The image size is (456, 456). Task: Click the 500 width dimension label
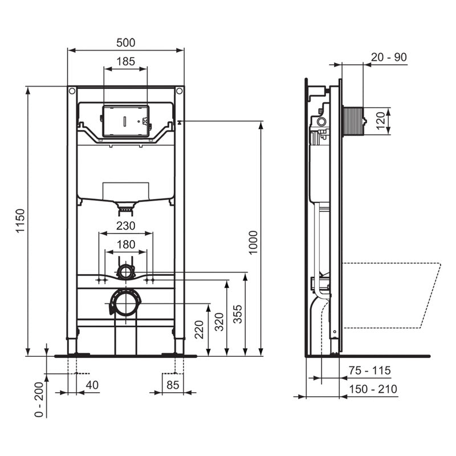(x=125, y=43)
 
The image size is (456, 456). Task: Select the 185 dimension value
(x=125, y=61)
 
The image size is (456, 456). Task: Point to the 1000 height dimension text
(x=254, y=242)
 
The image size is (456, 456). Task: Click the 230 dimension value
(x=125, y=226)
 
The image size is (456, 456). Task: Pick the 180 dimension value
(x=125, y=245)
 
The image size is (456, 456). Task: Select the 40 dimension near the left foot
(x=91, y=385)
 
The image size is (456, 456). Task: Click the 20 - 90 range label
(x=389, y=57)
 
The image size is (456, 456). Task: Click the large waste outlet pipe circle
(x=125, y=302)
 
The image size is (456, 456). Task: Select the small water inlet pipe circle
(x=125, y=272)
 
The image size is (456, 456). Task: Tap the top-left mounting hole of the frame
(x=72, y=91)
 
